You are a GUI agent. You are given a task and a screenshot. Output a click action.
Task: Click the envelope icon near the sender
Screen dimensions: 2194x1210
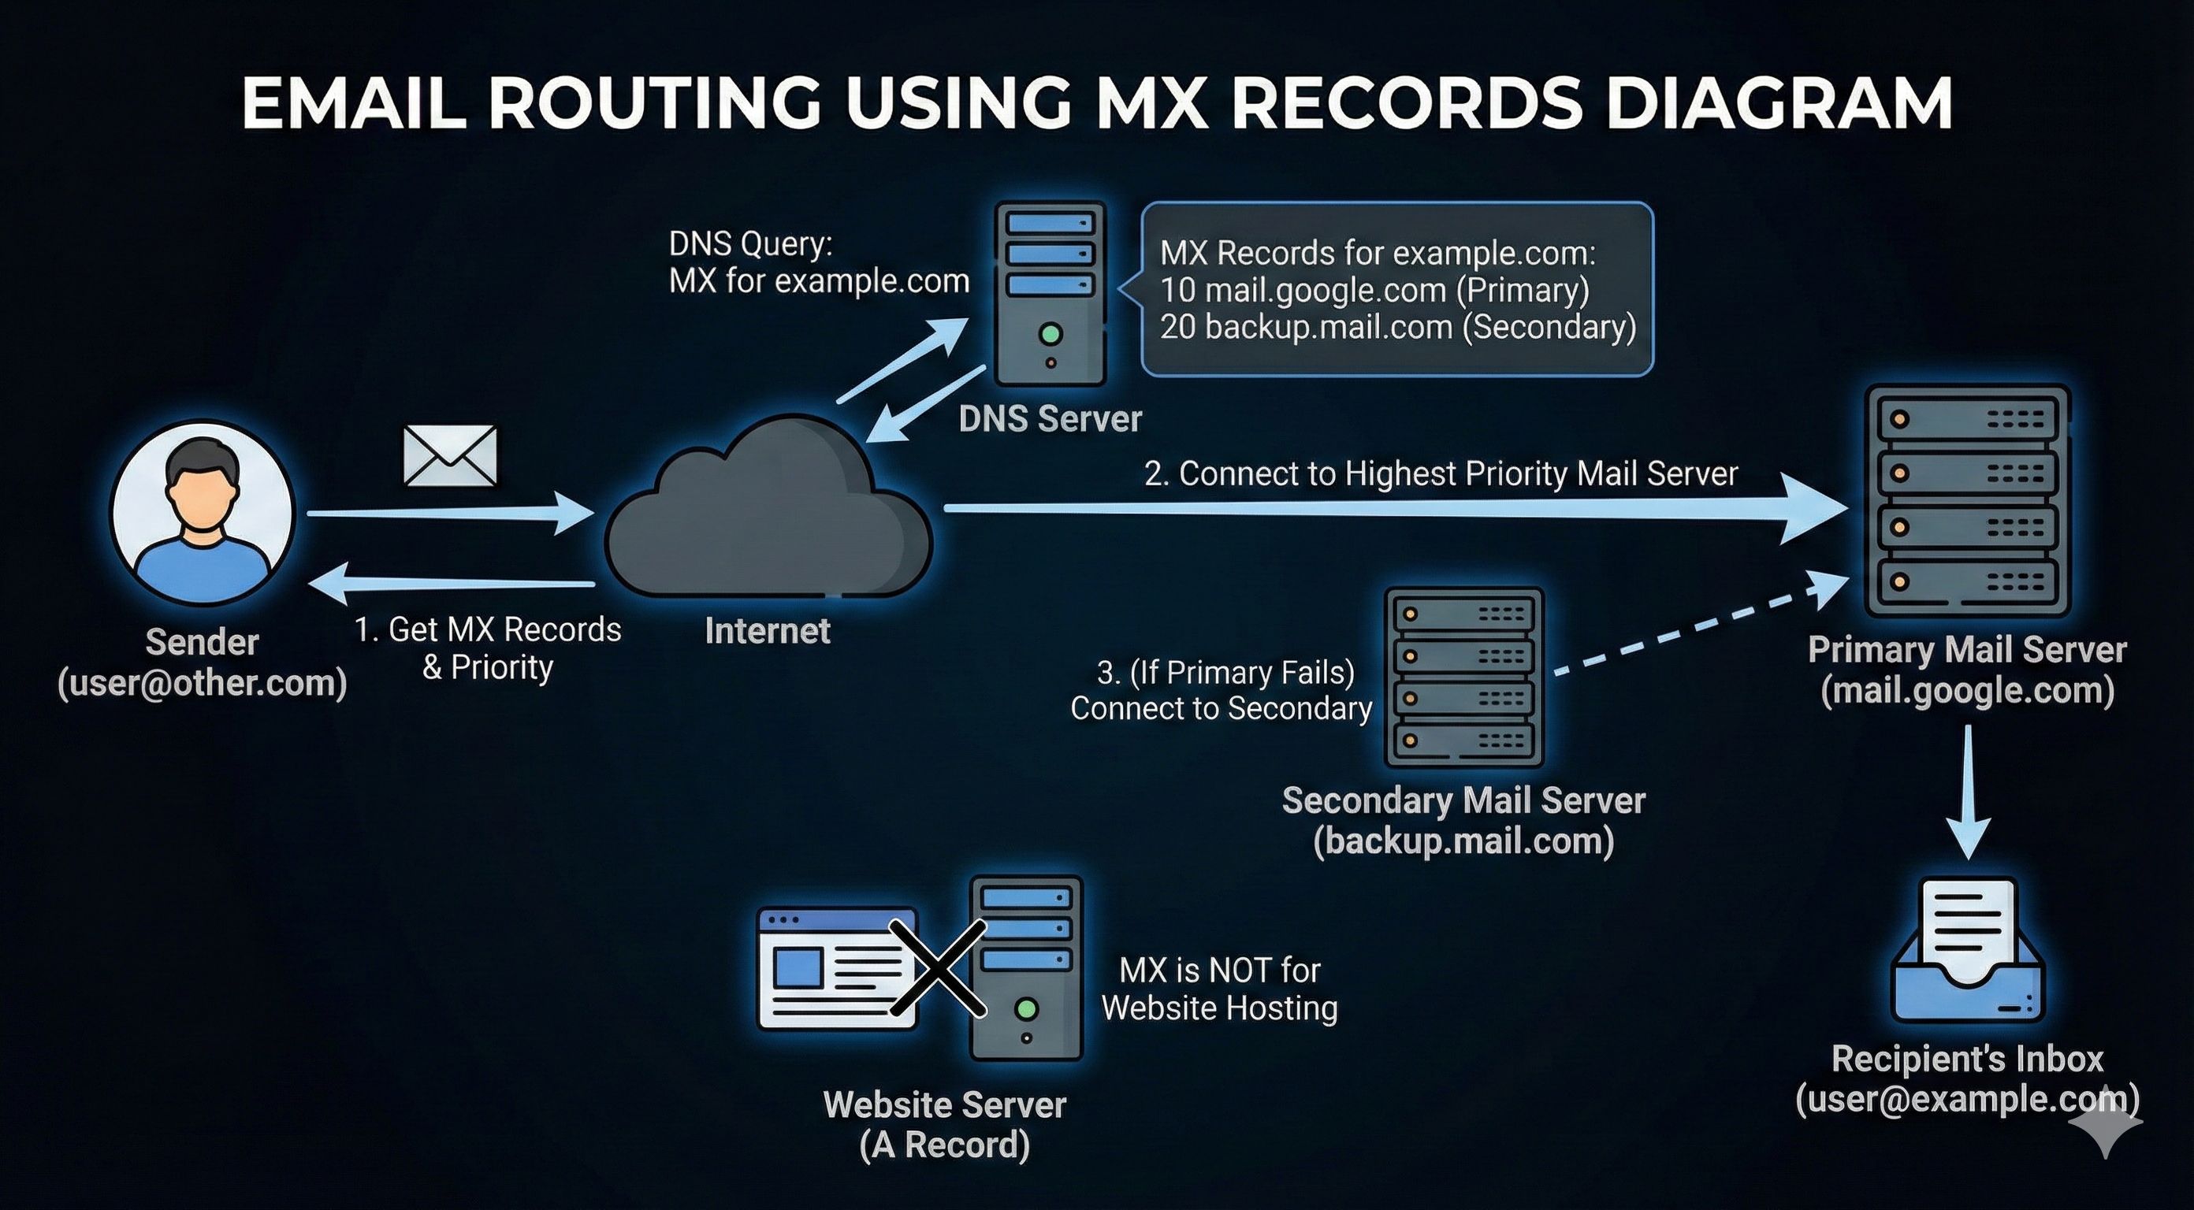[450, 455]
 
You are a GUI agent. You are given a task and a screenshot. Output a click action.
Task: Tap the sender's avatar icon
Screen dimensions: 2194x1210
[203, 513]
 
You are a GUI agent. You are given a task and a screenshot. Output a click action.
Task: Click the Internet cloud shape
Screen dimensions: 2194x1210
[768, 507]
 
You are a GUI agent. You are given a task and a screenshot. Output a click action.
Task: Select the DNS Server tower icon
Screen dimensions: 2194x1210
[1051, 294]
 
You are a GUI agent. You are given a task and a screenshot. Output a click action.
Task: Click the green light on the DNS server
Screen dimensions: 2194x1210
[1051, 334]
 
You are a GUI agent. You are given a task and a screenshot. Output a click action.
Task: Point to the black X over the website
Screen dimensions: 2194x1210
[939, 967]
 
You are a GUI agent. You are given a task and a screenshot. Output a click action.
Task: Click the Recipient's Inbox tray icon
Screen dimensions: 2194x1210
[1968, 950]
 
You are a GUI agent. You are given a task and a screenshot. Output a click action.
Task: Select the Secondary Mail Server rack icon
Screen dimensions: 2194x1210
[1464, 677]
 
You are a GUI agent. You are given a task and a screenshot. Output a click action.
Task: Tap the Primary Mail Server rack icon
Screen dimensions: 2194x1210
[1968, 501]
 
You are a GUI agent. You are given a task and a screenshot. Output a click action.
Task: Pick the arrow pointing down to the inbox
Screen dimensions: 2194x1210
[1968, 792]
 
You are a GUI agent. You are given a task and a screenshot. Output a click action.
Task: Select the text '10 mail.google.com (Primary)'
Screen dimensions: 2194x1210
[1374, 291]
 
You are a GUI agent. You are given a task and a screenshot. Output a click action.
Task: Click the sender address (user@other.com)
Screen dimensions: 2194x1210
[203, 683]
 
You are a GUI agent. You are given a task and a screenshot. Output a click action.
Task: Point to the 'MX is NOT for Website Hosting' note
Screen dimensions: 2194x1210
[1220, 989]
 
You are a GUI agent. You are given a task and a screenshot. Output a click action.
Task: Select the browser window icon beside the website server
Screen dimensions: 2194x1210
[838, 967]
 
